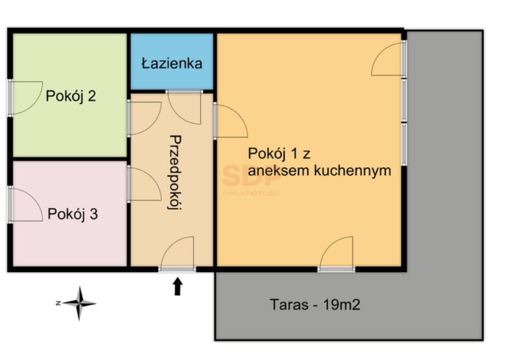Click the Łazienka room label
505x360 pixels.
point(172,63)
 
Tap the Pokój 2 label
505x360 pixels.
point(71,95)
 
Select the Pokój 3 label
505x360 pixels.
point(72,214)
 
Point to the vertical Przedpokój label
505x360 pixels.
point(175,172)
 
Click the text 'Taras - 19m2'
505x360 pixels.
point(315,304)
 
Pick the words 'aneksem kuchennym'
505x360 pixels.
point(319,171)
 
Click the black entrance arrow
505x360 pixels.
point(178,287)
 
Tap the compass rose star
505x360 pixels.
point(79,303)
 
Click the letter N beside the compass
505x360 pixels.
point(58,303)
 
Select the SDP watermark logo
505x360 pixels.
point(251,180)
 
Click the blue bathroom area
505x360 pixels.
point(172,61)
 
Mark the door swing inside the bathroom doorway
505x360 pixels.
point(185,108)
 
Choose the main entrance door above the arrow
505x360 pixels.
point(178,252)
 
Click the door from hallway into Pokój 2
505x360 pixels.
point(145,118)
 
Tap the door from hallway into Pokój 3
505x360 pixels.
point(145,184)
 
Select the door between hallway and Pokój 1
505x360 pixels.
point(231,121)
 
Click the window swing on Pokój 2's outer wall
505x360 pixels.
point(26,98)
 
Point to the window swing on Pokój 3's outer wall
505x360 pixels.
point(26,205)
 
